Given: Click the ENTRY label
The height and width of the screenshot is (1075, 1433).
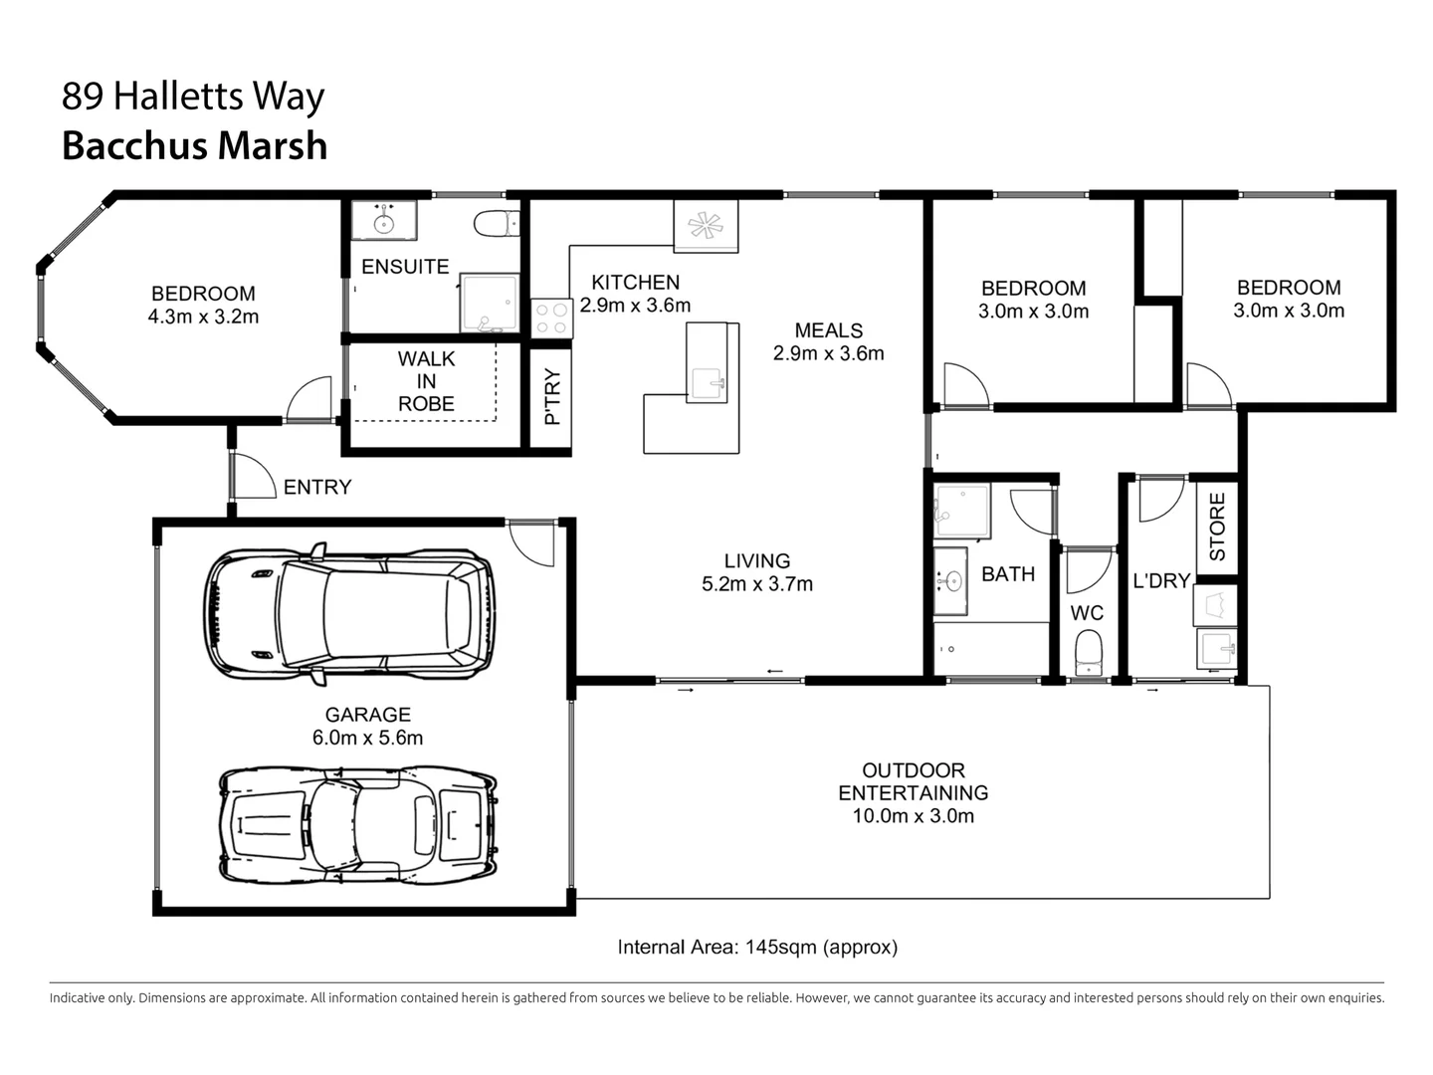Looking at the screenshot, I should [x=316, y=487].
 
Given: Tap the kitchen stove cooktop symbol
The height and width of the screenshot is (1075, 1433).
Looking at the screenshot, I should [x=550, y=318].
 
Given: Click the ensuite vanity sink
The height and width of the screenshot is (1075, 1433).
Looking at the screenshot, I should [x=383, y=220].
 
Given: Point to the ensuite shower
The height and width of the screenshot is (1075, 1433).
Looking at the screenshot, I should [x=489, y=304].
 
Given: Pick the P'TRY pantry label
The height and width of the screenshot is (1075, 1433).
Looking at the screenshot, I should [x=552, y=397].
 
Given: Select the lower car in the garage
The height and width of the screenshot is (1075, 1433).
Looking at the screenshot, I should [x=357, y=825].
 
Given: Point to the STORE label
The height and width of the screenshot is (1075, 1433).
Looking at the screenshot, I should [x=1216, y=527].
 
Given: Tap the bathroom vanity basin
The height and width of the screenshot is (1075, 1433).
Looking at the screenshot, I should [x=952, y=579].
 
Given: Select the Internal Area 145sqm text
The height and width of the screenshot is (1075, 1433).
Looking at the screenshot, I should [x=757, y=947].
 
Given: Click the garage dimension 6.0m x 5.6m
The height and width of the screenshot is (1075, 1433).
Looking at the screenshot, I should [x=367, y=738].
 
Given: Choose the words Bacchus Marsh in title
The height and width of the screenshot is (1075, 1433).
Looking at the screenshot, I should [x=195, y=145].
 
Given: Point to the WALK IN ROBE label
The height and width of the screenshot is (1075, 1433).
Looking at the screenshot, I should [x=426, y=381].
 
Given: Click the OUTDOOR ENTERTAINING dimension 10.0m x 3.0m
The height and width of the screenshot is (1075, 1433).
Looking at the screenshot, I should [x=913, y=816].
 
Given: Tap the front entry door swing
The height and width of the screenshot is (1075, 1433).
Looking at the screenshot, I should [x=252, y=475].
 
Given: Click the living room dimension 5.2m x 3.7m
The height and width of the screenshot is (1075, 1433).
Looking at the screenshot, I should [x=756, y=584].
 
